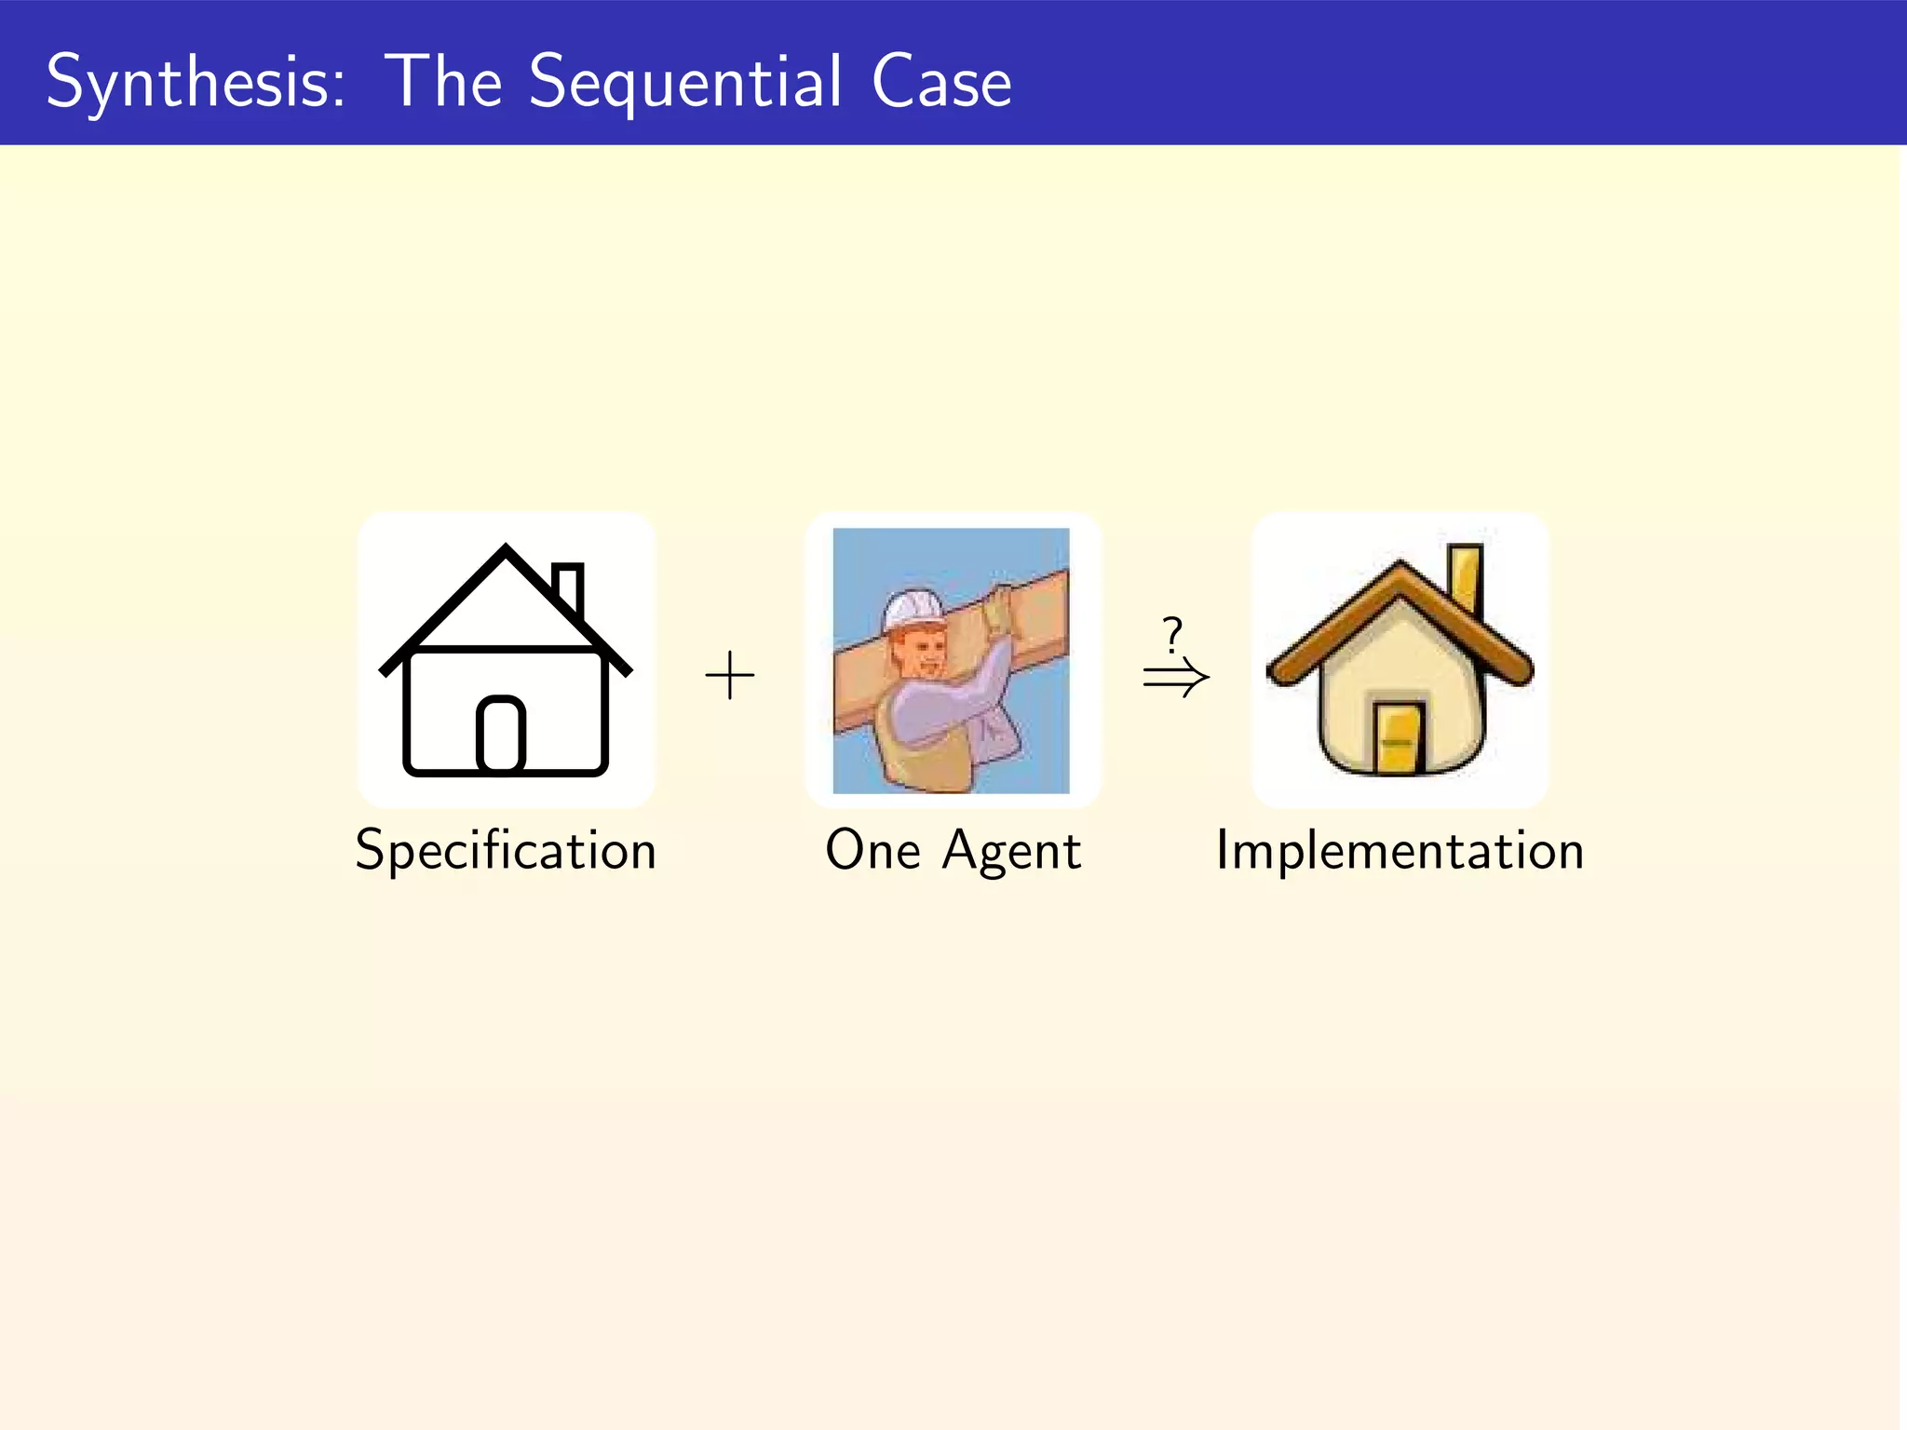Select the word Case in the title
pos(941,82)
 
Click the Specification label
pos(506,851)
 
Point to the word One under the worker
pos(872,850)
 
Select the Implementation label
pos(1400,851)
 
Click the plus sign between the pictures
pos(730,676)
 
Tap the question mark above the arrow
pos(1172,635)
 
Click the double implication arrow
pos(1176,678)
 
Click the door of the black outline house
pos(501,735)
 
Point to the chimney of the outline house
pos(567,587)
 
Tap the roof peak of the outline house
pos(506,551)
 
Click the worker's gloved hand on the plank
pos(999,610)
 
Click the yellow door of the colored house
pos(1398,738)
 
